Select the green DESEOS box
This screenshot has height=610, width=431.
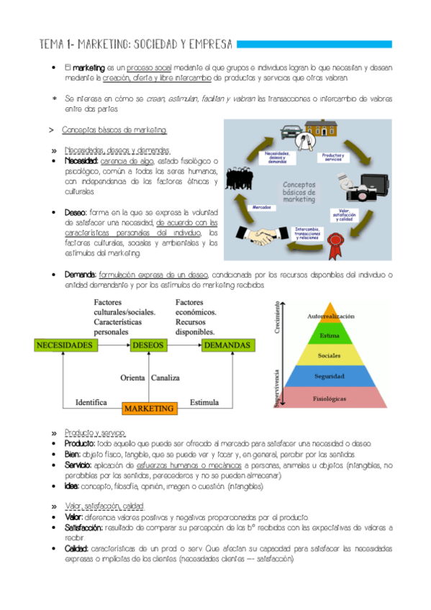149,345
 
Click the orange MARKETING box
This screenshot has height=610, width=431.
149,408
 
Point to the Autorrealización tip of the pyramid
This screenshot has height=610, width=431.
331,315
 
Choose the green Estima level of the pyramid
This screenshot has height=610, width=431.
331,334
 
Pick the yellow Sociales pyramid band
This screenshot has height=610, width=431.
331,355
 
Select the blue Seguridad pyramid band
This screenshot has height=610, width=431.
331,376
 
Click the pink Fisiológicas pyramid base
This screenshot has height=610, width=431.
331,397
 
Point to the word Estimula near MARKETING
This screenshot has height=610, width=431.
204,402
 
